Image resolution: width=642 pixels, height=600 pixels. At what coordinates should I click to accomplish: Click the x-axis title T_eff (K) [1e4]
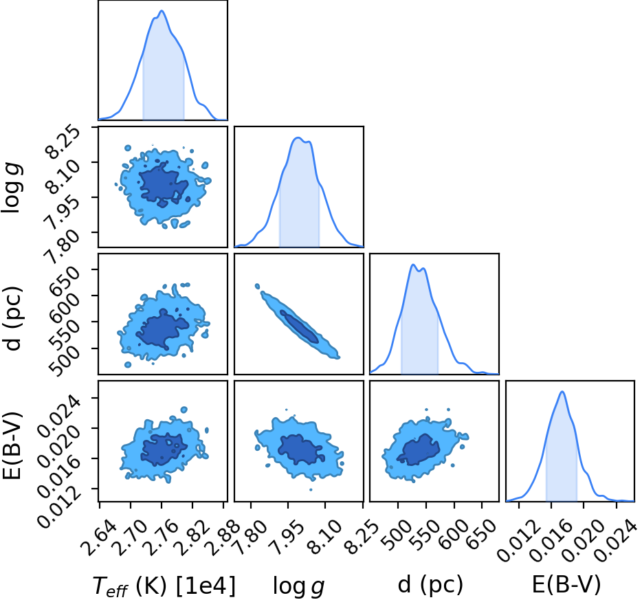(x=164, y=586)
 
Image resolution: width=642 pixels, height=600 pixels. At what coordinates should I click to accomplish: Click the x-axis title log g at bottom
(x=299, y=586)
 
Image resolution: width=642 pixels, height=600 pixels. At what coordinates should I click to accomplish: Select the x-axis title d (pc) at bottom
(x=430, y=584)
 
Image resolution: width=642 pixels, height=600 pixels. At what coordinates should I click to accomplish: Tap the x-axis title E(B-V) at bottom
(x=566, y=584)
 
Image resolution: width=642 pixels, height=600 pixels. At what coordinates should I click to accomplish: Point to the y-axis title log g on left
(x=12, y=188)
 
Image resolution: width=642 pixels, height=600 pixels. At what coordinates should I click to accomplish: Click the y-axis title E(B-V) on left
(x=12, y=445)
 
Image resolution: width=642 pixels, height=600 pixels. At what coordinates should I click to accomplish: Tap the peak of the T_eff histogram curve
(x=162, y=10)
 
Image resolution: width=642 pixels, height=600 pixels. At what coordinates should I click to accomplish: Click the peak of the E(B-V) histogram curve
(x=562, y=392)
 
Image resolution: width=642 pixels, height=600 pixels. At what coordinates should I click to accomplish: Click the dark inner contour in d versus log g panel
(x=299, y=326)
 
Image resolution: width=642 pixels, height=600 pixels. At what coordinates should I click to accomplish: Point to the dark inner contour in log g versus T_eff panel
(x=163, y=184)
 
